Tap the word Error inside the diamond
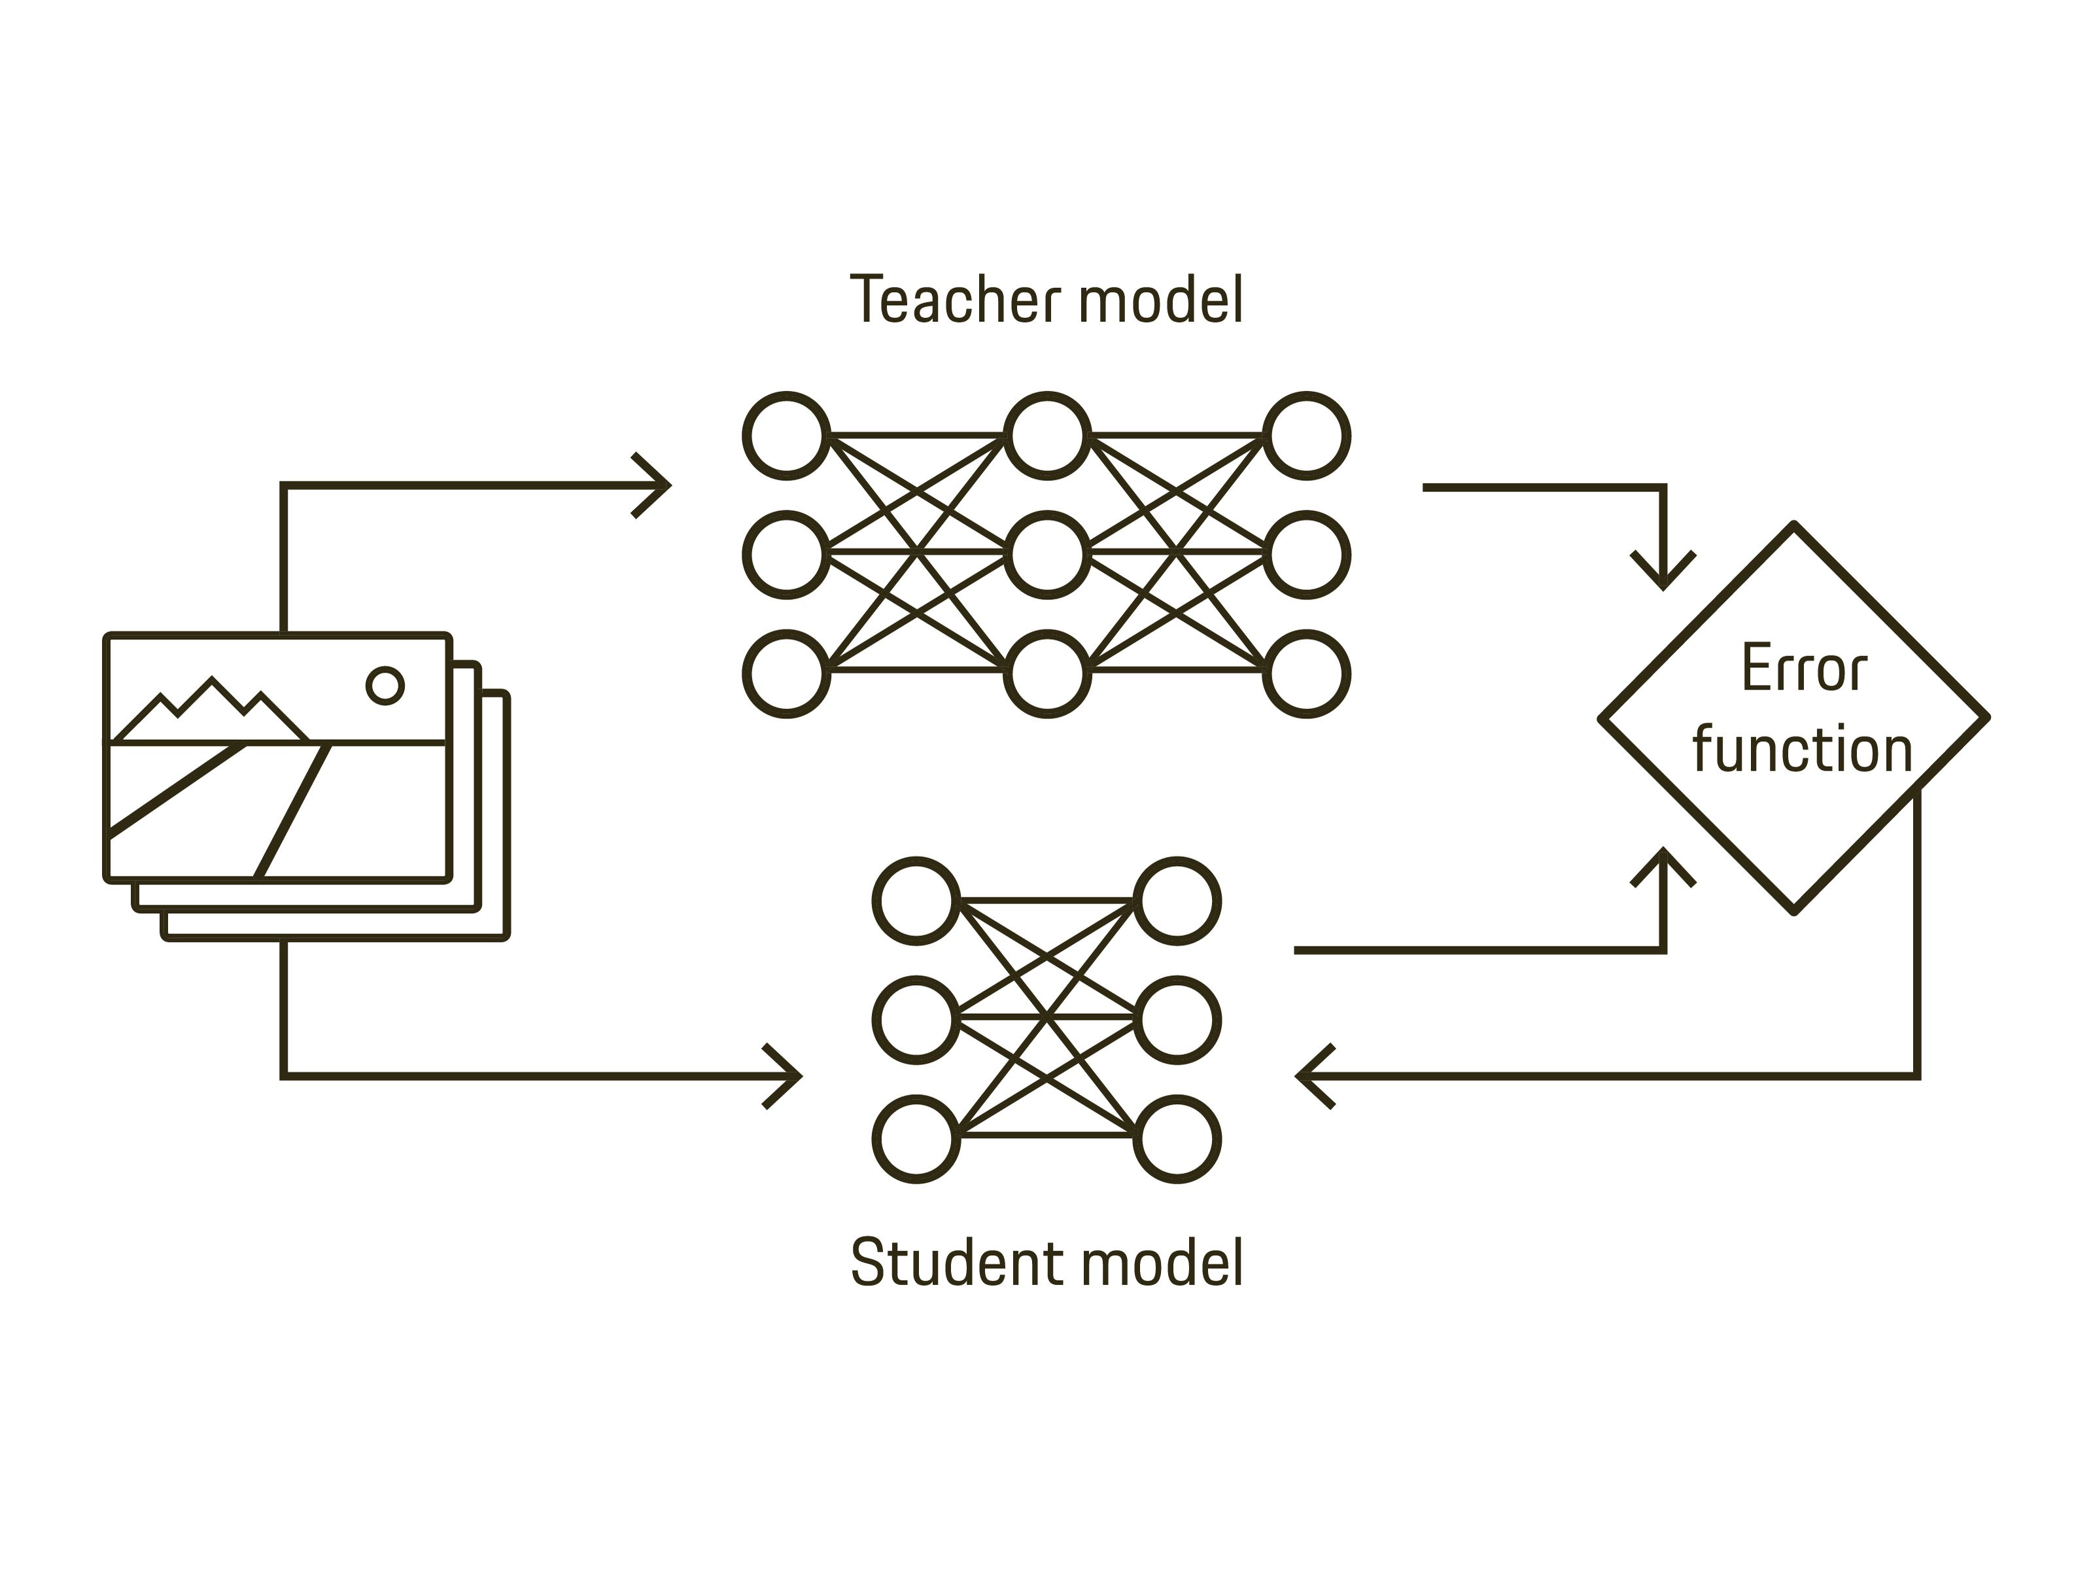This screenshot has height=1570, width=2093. pyautogui.click(x=1803, y=669)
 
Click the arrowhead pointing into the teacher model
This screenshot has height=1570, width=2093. pyautogui.click(x=657, y=485)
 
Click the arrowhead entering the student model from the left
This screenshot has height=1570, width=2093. pyautogui.click(x=789, y=1076)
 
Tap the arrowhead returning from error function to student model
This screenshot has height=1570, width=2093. pyautogui.click(x=1311, y=1076)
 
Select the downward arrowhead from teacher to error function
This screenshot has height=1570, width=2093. pyautogui.click(x=1663, y=574)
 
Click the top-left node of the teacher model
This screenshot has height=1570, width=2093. pyautogui.click(x=786, y=435)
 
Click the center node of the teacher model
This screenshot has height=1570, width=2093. pyautogui.click(x=1046, y=555)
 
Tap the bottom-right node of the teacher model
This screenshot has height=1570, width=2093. pyautogui.click(x=1307, y=674)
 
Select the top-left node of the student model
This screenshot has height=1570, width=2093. pyautogui.click(x=916, y=901)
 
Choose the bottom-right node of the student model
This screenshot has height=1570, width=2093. pyautogui.click(x=1177, y=1140)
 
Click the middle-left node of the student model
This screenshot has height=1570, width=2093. pyautogui.click(x=916, y=1020)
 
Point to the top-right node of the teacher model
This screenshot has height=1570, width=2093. pyautogui.click(x=1307, y=435)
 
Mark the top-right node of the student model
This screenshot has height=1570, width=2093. pyautogui.click(x=1177, y=901)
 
